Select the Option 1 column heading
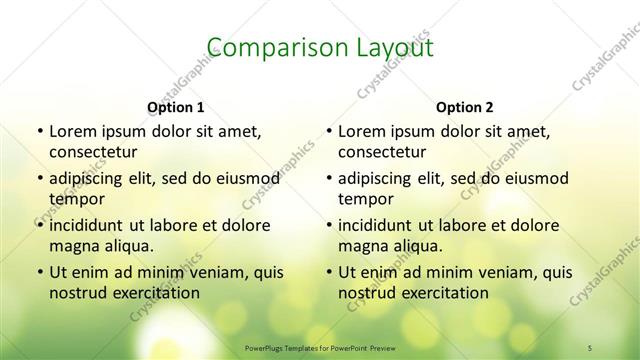(176, 106)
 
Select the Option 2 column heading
(465, 106)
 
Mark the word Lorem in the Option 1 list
(70, 131)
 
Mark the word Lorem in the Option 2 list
(359, 131)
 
